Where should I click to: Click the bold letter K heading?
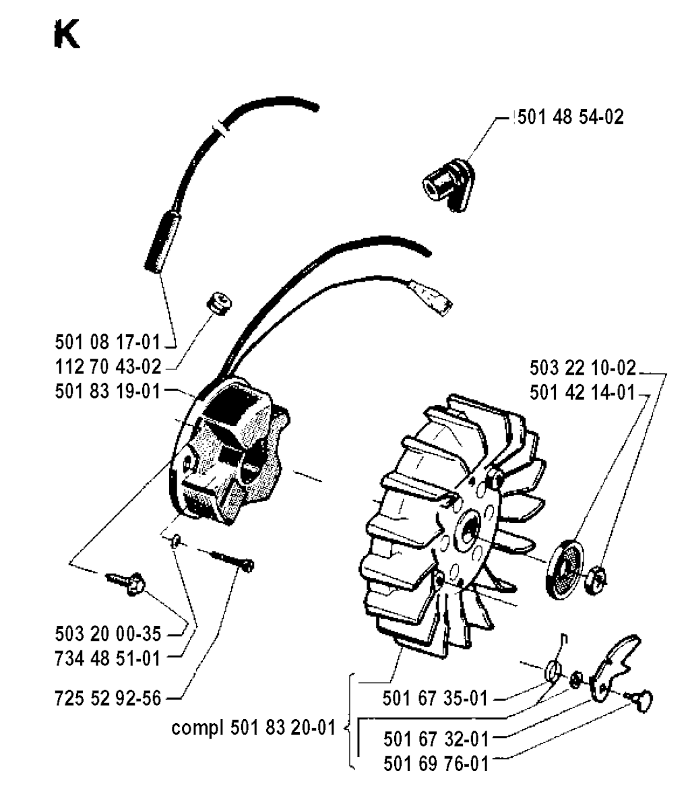point(67,36)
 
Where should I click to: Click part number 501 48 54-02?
point(571,117)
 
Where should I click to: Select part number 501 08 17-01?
point(108,342)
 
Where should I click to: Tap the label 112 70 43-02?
point(108,367)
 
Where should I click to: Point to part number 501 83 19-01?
point(108,392)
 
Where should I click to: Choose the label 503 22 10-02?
point(583,367)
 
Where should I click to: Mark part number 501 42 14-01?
point(583,392)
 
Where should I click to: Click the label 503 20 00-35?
point(108,634)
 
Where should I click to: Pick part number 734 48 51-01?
point(108,658)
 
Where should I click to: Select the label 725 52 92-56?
point(108,698)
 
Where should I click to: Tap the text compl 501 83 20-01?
point(253,728)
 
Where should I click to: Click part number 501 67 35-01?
point(435,698)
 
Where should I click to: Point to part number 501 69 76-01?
point(436,764)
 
